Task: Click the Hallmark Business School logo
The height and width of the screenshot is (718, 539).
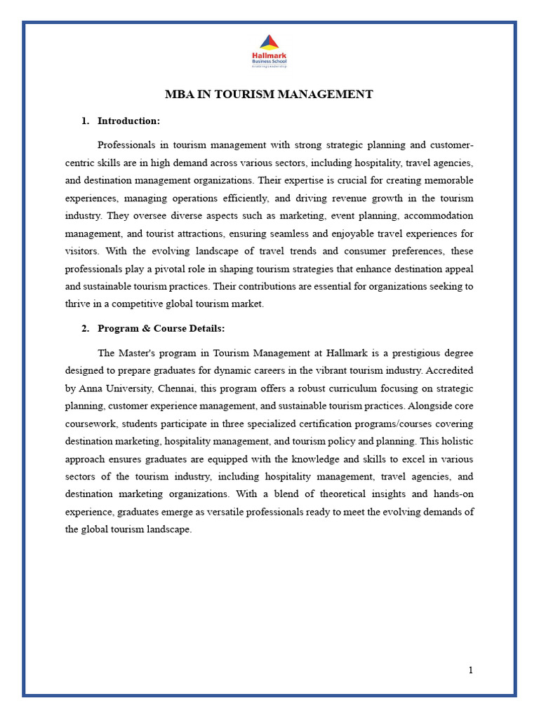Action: [x=269, y=51]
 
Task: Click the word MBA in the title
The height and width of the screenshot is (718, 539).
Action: [x=178, y=94]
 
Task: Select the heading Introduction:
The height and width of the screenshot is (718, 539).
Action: [x=128, y=121]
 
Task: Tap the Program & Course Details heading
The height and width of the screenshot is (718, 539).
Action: [x=161, y=328]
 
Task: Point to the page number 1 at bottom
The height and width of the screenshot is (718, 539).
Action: [x=471, y=670]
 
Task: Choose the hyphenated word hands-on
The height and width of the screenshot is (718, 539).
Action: [x=453, y=494]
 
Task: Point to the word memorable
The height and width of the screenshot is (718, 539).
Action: [x=448, y=180]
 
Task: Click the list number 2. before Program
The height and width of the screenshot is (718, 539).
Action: [x=85, y=328]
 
